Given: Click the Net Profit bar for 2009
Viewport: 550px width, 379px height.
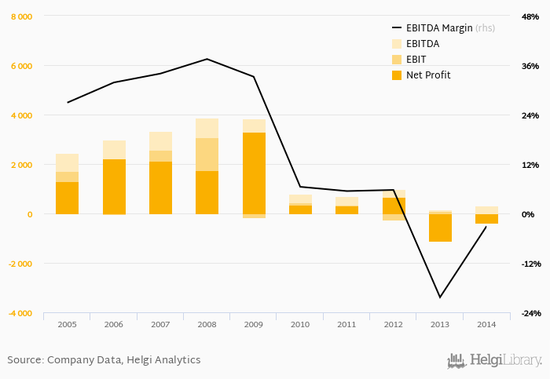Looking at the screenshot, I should [254, 173].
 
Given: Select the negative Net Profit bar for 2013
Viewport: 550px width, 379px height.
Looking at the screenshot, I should [440, 228].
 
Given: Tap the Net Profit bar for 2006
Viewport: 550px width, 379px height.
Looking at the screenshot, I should [114, 187].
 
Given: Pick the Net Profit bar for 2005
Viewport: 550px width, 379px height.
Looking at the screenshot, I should [67, 198].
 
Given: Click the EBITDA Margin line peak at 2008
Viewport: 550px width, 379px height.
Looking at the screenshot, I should [207, 59].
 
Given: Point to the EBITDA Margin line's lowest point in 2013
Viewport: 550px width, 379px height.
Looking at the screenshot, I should [440, 297].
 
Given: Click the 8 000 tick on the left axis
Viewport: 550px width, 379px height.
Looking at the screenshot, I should [21, 16].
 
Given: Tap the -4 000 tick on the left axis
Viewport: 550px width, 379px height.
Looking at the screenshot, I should [20, 313].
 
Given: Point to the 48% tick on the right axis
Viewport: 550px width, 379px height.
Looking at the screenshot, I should [530, 16].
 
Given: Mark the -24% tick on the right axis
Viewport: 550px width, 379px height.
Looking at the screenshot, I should [529, 313].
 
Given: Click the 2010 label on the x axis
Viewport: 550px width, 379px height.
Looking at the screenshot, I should [300, 324].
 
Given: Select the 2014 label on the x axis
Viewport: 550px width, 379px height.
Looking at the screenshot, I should [486, 324].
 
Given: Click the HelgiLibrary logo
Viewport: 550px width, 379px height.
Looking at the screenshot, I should [494, 360].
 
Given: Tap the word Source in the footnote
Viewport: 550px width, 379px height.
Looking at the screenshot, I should [24, 360].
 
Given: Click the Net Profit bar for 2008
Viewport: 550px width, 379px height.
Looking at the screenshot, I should [207, 192].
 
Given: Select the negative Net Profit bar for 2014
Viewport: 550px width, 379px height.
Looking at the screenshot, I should [486, 219].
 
